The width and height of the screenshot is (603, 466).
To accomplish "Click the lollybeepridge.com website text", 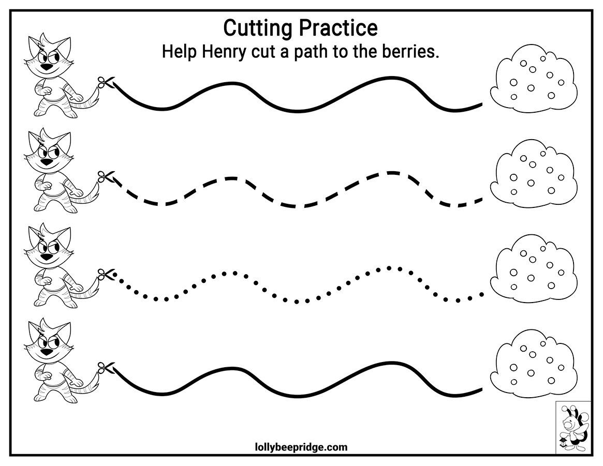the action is tap(301, 447).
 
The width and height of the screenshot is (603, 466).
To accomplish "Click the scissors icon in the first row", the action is tap(106, 82).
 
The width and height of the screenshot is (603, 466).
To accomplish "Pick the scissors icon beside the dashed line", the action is tap(106, 177).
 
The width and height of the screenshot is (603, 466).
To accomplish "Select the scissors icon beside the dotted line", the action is tap(106, 274).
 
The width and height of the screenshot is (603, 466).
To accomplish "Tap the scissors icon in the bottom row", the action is tap(106, 368).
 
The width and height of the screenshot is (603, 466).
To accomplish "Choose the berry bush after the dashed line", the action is tap(534, 173).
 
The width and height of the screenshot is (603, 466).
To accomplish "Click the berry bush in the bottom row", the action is tap(534, 363).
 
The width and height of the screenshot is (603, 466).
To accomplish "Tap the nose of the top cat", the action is tap(47, 67).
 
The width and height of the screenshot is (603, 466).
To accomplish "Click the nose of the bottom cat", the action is tap(47, 352).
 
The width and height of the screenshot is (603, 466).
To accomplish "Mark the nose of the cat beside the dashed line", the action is tap(47, 162).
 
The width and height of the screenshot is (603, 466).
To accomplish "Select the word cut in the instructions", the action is tap(263, 52).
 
